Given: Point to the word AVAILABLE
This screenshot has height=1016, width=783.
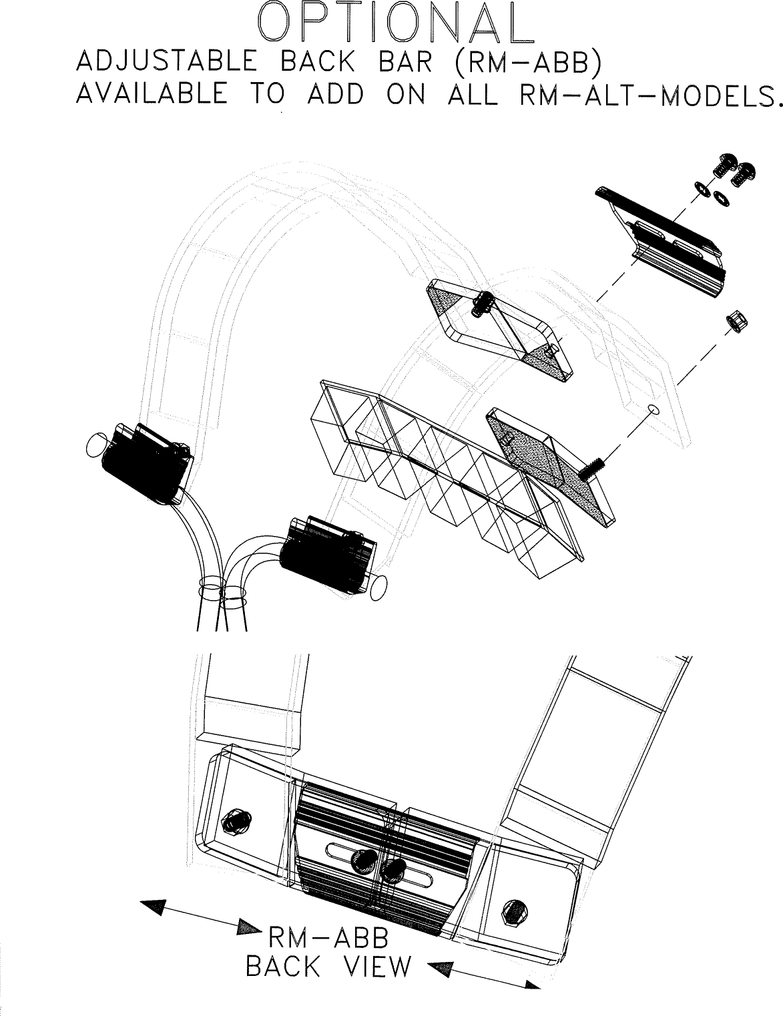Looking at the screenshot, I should [x=152, y=95].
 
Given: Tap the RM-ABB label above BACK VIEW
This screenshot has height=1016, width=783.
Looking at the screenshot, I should [x=328, y=939].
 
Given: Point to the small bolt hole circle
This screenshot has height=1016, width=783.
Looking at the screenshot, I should [x=654, y=409].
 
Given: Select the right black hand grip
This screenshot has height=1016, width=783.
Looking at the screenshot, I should [x=325, y=554].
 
